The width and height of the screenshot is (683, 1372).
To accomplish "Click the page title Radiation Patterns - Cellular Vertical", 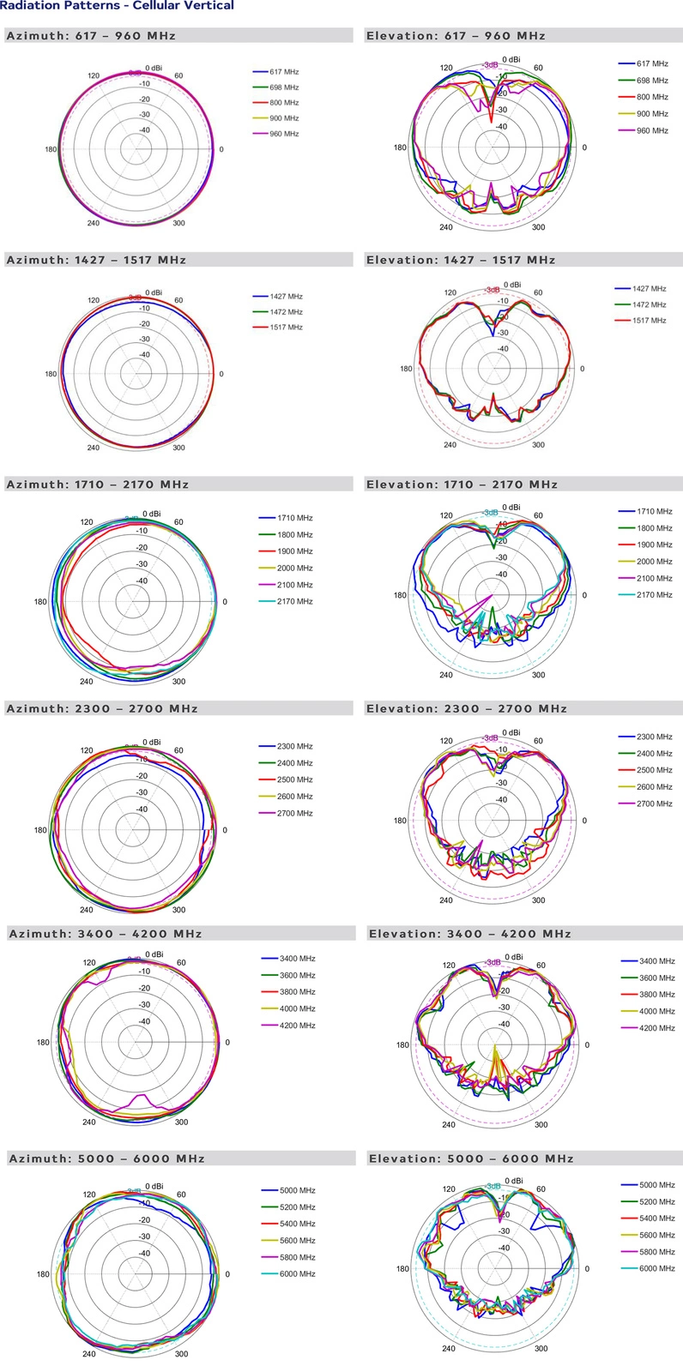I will coord(117,6).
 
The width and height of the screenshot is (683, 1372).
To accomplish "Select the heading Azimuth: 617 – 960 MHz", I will coord(91,36).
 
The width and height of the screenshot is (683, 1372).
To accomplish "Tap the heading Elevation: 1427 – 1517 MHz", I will coord(461,260).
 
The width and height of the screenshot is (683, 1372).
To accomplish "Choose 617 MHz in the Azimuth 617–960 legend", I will coord(284,72).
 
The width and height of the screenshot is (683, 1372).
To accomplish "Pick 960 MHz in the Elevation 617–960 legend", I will coord(652,130).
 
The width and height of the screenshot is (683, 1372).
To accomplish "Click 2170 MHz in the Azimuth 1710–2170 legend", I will coord(294,602).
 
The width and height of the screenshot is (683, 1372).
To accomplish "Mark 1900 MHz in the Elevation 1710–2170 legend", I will coord(655,545).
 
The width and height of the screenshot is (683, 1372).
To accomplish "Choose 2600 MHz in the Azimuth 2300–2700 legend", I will coord(294,797).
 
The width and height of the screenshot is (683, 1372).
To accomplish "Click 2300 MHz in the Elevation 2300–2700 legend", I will coord(655,737).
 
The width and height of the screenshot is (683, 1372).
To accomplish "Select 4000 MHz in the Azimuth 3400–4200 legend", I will coord(297,1009).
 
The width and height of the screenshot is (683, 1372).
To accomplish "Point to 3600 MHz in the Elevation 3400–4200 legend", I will coord(657,978).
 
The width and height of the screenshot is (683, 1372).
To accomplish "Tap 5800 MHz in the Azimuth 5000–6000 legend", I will coord(297,1257).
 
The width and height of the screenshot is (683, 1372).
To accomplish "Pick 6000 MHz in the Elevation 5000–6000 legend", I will coord(657,1268).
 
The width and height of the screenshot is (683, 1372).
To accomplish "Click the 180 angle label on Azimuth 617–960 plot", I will coord(51,150).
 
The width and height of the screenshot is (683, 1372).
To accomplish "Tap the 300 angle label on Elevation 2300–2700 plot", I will coord(538,900).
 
